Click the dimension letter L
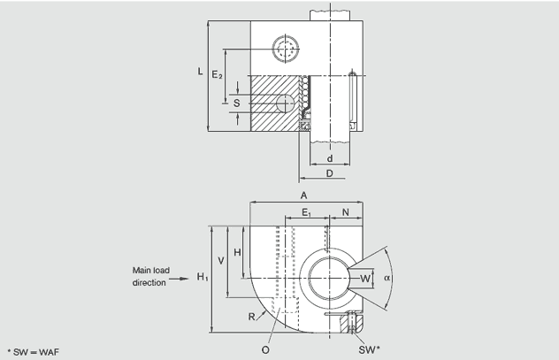[201, 72]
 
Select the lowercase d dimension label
[329, 159]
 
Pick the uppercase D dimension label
[329, 173]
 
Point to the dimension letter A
[303, 195]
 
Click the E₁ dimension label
[306, 213]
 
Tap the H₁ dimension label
[203, 278]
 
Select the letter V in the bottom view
[221, 261]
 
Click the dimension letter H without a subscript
[236, 252]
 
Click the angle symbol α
[387, 278]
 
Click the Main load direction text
[149, 277]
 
